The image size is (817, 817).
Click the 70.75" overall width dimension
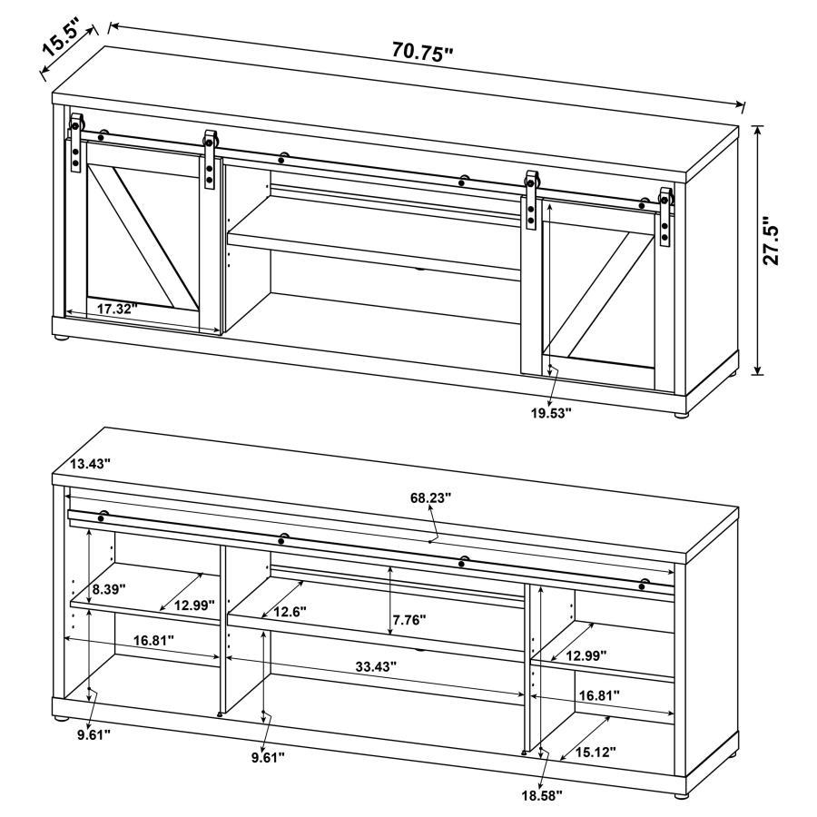tap(422, 53)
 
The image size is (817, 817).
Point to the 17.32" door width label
tap(116, 309)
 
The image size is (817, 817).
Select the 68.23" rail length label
tap(429, 497)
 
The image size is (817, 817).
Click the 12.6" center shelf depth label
tap(290, 611)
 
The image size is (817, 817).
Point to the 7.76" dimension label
tap(408, 621)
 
